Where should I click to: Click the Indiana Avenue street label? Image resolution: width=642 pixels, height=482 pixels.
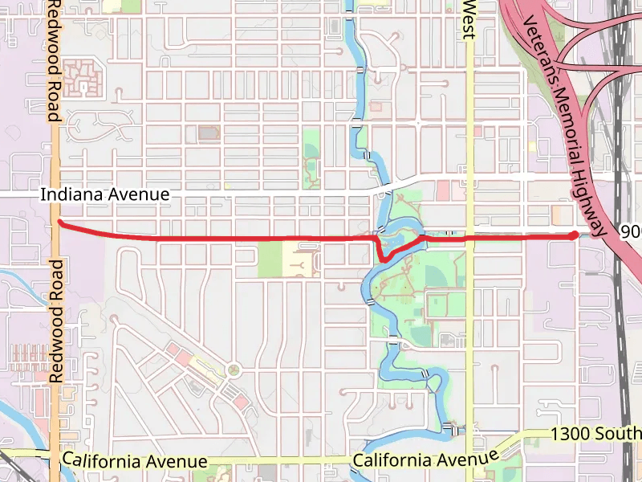105,194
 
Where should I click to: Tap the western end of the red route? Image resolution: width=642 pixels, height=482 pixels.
60,223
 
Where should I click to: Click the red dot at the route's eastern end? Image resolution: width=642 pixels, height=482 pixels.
573,235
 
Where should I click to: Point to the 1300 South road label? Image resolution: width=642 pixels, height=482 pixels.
595,434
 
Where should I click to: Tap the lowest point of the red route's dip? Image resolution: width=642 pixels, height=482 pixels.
384,259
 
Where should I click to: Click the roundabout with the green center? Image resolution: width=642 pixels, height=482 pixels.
234,370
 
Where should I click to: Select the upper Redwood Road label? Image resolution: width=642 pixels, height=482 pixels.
54,60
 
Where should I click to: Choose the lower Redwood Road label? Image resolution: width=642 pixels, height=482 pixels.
55,321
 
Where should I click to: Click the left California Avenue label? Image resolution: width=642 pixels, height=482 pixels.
135,462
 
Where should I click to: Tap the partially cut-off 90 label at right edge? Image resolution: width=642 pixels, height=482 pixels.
631,231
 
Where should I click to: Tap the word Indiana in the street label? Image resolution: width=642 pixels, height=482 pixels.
66,194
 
